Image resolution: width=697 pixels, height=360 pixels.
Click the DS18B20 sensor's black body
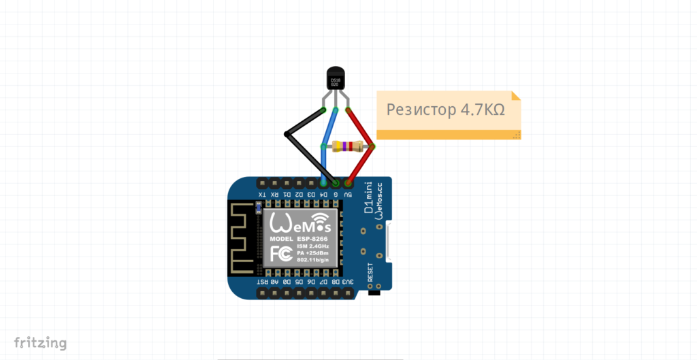(x=336, y=80)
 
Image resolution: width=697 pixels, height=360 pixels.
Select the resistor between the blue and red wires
(x=347, y=146)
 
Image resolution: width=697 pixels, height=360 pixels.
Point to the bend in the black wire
(x=286, y=134)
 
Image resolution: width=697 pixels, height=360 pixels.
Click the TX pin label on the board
(x=261, y=195)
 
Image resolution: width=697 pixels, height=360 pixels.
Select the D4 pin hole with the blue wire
(x=323, y=183)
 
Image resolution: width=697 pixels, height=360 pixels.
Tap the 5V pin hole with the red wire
(x=348, y=183)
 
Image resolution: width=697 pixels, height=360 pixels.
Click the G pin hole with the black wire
(x=336, y=183)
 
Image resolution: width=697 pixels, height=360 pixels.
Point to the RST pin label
(x=261, y=281)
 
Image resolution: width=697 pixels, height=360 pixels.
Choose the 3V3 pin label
(x=347, y=281)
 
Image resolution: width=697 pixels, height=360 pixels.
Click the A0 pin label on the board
(x=274, y=281)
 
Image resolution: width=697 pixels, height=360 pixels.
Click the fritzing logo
(x=40, y=342)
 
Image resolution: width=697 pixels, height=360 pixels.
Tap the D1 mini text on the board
(x=368, y=199)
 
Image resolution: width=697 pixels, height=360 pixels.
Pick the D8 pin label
(x=336, y=281)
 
